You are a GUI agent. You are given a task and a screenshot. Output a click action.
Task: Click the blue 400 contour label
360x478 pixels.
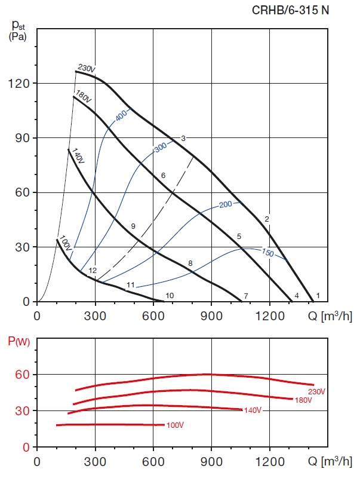coord(122,116)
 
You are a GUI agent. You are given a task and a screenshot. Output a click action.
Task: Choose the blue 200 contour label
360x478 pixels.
coord(225,204)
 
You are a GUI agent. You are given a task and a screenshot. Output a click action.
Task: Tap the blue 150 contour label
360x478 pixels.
coord(267,253)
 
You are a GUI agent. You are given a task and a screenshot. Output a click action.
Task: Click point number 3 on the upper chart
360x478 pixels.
coord(183,139)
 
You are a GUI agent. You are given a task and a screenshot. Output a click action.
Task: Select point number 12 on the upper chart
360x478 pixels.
coord(93,271)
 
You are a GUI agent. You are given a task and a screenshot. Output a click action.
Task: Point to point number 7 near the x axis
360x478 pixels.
coord(245,296)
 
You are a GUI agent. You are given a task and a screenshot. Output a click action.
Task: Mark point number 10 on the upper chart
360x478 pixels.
coord(170,295)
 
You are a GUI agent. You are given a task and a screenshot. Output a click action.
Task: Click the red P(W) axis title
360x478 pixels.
coord(18,342)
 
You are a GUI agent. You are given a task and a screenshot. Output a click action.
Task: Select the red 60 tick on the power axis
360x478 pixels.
coord(22,375)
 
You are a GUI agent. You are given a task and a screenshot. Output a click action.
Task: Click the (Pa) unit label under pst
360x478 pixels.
coord(18,36)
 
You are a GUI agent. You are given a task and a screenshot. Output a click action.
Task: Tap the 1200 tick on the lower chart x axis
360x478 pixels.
coord(269,462)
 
